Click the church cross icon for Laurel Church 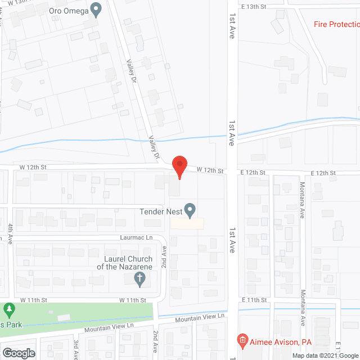pyautogui.click(x=140, y=277)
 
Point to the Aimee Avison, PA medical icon pyautogui.click(x=242, y=340)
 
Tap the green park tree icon pyautogui.click(x=8, y=309)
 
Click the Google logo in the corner pyautogui.click(x=18, y=353)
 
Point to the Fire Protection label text pyautogui.click(x=336, y=24)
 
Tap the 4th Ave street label pyautogui.click(x=10, y=234)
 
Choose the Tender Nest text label pyautogui.click(x=161, y=212)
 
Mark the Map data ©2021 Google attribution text pyautogui.click(x=324, y=355)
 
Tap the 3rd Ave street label pyautogui.click(x=75, y=346)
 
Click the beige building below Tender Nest pyautogui.click(x=187, y=223)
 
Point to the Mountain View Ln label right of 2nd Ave pyautogui.click(x=199, y=318)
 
